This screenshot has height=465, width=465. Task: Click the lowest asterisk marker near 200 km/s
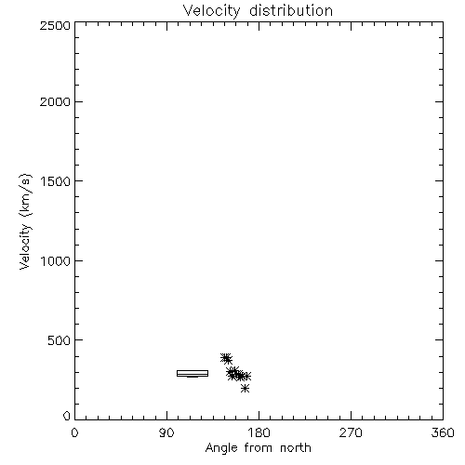click(245, 388)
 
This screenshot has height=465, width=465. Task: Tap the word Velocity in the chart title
click(211, 11)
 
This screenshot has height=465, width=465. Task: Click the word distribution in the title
click(291, 10)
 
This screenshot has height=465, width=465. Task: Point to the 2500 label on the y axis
click(55, 25)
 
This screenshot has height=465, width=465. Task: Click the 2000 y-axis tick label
click(55, 101)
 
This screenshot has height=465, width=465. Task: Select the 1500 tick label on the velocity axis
click(56, 181)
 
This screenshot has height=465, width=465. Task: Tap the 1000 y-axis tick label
click(56, 261)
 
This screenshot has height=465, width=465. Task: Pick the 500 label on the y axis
click(60, 340)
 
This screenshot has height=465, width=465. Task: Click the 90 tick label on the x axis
click(166, 432)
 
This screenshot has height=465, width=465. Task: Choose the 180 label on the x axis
click(259, 432)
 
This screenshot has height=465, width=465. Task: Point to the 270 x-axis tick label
click(351, 432)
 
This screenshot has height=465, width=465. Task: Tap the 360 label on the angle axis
click(443, 432)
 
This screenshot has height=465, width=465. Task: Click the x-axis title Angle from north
click(259, 448)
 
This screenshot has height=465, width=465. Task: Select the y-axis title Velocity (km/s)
click(25, 221)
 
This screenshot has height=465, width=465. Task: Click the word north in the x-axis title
click(296, 448)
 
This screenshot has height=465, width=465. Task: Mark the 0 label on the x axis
click(74, 432)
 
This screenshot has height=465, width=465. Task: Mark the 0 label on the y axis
click(67, 416)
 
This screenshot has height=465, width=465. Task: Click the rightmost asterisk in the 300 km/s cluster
click(246, 376)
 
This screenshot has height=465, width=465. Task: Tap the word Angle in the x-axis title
click(221, 448)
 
